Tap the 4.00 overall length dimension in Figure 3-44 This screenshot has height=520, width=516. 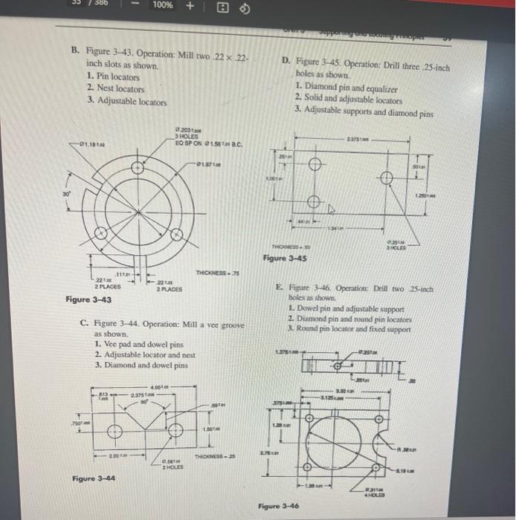[158, 386]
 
